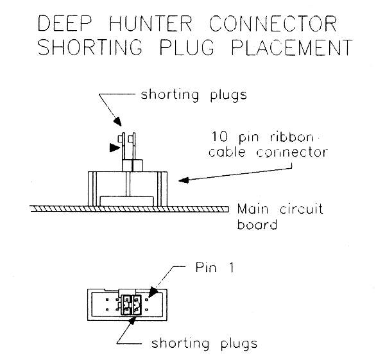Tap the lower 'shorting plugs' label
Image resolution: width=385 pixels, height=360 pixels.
pos(203,343)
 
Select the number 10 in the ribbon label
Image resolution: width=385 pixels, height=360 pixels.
pos(218,137)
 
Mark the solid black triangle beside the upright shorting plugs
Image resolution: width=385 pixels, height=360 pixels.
pos(114,148)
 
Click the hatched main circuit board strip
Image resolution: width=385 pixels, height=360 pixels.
pos(128,209)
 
